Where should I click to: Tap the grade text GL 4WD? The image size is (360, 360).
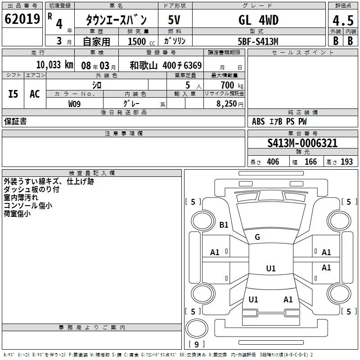(x=258, y=20)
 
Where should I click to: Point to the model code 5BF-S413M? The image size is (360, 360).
(x=258, y=41)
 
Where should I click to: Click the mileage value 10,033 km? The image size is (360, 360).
(x=54, y=65)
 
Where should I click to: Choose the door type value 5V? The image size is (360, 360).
(x=175, y=20)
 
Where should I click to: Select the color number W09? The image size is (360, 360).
(x=75, y=103)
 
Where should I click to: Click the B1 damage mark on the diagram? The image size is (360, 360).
(x=224, y=225)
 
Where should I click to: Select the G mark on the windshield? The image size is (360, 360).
(x=257, y=237)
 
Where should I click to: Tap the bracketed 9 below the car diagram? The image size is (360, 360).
(x=196, y=345)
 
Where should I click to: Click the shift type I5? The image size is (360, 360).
(x=13, y=94)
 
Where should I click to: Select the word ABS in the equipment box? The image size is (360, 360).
(x=258, y=121)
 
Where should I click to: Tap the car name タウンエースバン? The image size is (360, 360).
(x=116, y=20)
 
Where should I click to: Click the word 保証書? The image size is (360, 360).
(x=15, y=121)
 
